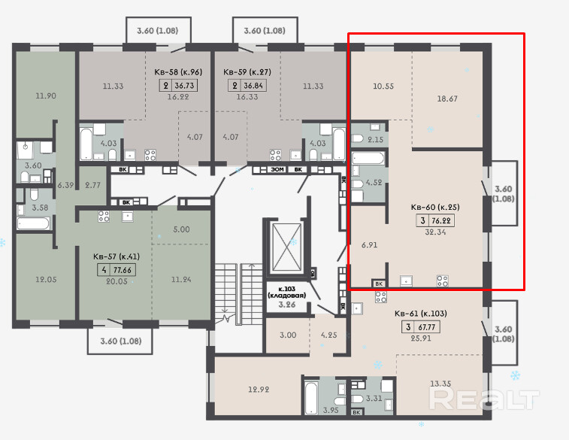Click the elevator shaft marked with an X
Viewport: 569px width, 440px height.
point(286,247)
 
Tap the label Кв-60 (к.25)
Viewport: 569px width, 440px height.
point(435,207)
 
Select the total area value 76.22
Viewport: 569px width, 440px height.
point(441,220)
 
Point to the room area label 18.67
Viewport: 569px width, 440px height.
point(447,99)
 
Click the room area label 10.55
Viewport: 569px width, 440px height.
point(383,86)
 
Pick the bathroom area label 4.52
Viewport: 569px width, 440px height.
point(374,182)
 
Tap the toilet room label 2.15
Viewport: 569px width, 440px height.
point(375,139)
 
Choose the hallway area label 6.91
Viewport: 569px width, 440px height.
point(369,245)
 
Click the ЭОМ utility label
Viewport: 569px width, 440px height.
point(277,169)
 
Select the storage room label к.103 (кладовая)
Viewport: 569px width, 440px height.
point(286,293)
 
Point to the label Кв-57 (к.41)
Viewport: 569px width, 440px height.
point(116,256)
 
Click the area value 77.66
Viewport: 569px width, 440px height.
point(122,270)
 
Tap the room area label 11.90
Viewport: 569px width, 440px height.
point(46,96)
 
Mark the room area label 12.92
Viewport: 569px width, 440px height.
point(259,390)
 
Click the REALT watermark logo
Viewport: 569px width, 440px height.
point(484,399)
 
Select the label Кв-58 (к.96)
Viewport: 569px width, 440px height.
point(178,72)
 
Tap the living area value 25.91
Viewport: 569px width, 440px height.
point(421,338)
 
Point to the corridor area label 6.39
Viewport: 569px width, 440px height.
point(65,185)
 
